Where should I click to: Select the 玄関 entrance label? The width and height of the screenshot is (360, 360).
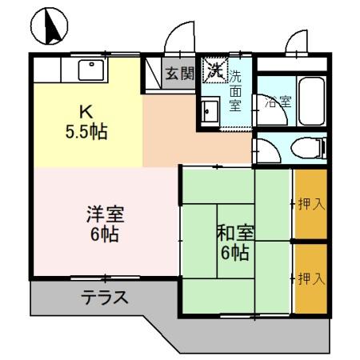point(179,74)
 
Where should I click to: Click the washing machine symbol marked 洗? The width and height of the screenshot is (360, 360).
point(214,70)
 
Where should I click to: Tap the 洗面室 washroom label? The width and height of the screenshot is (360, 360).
point(237,90)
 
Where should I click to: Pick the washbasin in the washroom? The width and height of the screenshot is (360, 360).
point(210,111)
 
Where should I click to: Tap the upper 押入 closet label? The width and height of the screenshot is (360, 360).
point(311,204)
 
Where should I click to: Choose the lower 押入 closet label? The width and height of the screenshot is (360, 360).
point(311,278)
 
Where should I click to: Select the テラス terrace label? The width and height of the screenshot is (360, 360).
point(104,298)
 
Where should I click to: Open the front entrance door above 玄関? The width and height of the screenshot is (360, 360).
point(178,38)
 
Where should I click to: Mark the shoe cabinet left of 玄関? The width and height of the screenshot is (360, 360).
point(153,74)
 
